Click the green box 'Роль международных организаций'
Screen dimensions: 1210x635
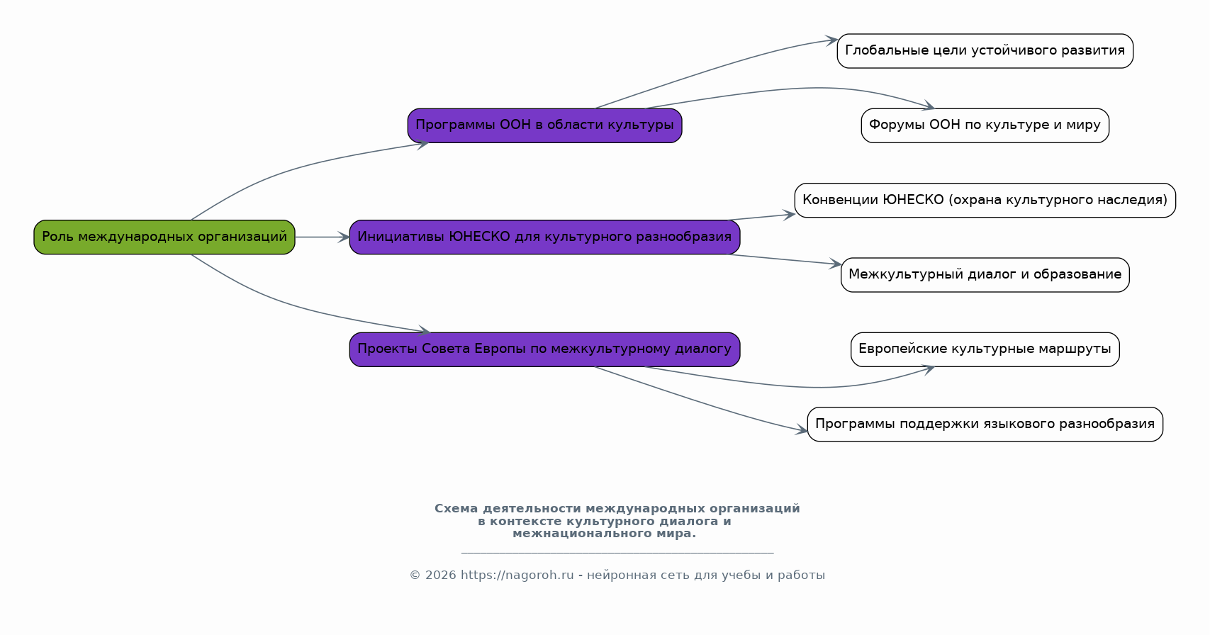click(164, 237)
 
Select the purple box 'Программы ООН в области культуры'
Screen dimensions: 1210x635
click(544, 125)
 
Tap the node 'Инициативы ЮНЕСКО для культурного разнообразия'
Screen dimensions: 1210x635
click(544, 237)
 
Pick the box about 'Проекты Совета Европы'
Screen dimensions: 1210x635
click(544, 349)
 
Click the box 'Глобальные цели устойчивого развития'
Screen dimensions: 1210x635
click(985, 51)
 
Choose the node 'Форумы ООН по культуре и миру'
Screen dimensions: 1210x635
click(985, 125)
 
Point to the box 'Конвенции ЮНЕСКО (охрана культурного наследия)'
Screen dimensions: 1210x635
click(985, 201)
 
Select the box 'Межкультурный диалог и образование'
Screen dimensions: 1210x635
click(985, 275)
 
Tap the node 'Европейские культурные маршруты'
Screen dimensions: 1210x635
click(985, 349)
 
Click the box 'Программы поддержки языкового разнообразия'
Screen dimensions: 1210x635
click(985, 425)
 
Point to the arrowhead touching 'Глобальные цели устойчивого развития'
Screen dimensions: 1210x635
click(831, 40)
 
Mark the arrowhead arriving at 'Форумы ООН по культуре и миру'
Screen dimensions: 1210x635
click(928, 106)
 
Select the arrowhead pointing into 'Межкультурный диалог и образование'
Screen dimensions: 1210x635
click(835, 264)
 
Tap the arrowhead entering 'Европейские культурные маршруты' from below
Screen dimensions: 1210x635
click(928, 370)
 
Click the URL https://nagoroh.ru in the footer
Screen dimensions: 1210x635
click(517, 575)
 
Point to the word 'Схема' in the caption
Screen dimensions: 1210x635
click(456, 509)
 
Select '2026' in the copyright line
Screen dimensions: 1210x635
click(440, 575)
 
